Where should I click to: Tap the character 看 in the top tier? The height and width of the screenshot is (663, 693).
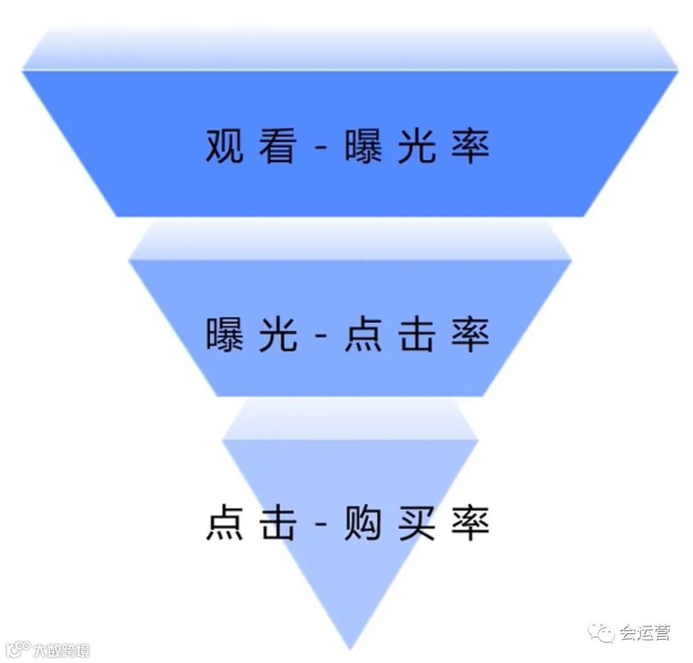pos(278,147)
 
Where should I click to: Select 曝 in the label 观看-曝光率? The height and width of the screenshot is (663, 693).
pos(363,147)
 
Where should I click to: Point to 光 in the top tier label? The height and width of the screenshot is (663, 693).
pos(416,147)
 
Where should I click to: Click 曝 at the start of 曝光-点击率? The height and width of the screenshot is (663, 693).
pos(225,334)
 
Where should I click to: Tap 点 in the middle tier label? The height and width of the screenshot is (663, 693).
pos(363,334)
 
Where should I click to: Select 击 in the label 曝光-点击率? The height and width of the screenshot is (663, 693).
pos(416,334)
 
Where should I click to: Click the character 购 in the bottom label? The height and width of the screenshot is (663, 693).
pos(363,524)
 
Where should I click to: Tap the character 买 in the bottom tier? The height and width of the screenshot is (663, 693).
pos(416,524)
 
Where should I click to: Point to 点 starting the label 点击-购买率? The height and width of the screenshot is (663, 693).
pos(225,524)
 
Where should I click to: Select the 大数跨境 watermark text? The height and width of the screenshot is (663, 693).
pos(62,650)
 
